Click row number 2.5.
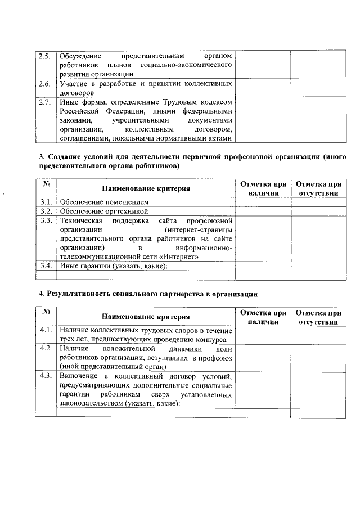click(44, 56)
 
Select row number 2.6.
click(44, 83)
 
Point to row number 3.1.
click(46, 201)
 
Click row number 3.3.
click(46, 220)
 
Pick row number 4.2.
click(46, 348)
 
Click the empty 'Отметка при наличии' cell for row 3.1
click(262, 201)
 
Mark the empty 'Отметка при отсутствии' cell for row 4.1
click(318, 334)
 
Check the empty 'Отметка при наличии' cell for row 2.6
click(262, 88)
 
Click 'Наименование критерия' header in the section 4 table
click(146, 317)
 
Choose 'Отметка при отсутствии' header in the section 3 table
click(318, 188)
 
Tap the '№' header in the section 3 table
click(46, 184)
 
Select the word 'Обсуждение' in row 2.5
click(80, 56)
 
